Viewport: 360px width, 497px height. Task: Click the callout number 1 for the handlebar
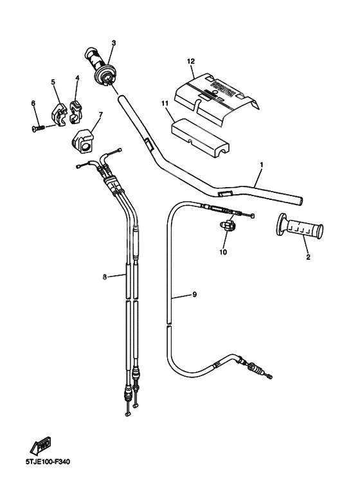tap(261, 165)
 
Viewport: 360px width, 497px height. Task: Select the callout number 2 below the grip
tap(307, 257)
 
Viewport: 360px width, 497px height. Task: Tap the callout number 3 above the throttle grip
tap(113, 43)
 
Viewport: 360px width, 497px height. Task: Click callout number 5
tap(53, 82)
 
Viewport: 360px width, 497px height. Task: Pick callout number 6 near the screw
tap(33, 103)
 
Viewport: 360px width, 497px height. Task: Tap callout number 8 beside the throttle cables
tap(104, 277)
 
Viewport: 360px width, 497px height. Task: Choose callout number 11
tap(165, 103)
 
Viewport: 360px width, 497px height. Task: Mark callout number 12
tap(190, 61)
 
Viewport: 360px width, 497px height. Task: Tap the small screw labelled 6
tap(37, 128)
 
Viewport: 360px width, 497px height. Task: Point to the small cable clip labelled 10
tap(228, 226)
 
